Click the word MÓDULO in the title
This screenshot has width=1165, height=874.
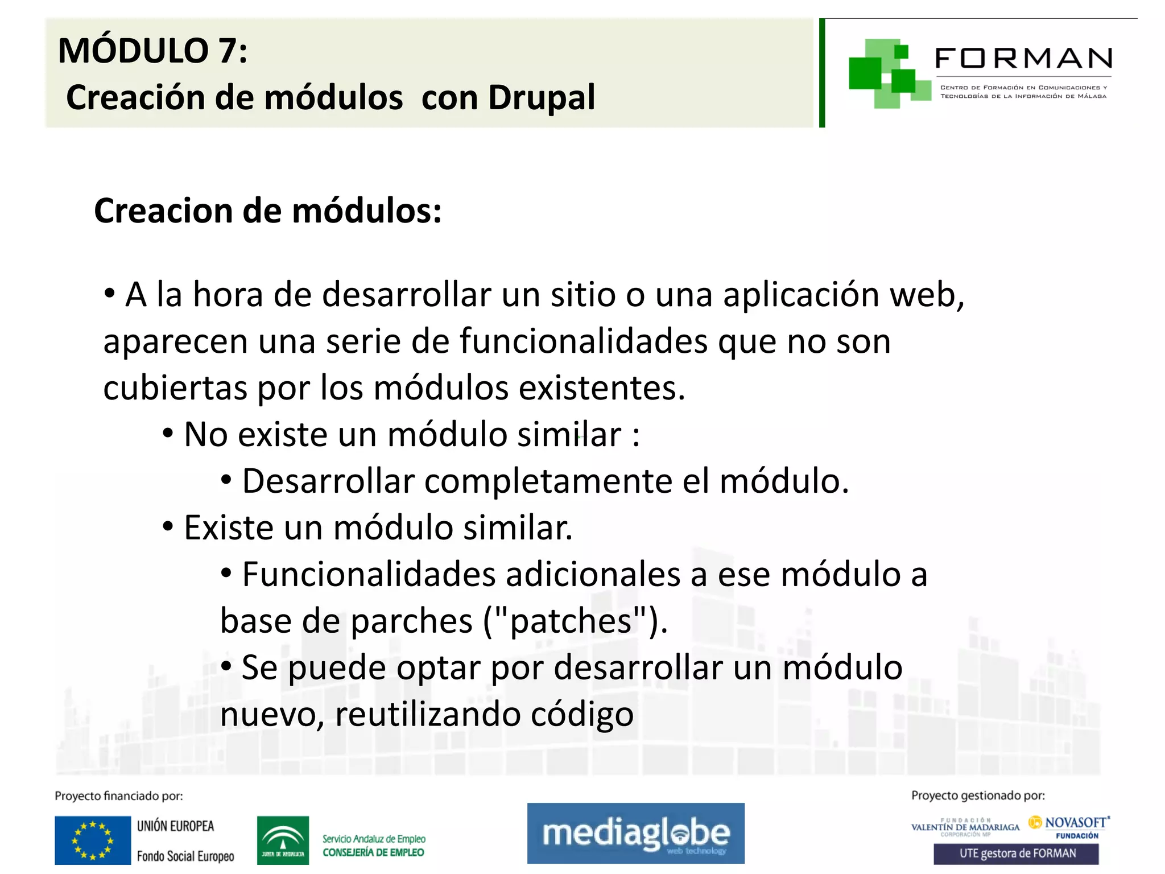(x=134, y=51)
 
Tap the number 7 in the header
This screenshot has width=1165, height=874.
(x=226, y=51)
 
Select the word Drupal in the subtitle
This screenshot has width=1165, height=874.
(x=541, y=98)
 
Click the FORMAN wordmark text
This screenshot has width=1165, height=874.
(x=1023, y=59)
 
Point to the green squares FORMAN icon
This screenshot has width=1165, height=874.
(x=882, y=73)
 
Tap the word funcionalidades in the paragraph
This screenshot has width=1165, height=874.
(x=584, y=342)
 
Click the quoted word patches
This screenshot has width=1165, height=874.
(x=571, y=621)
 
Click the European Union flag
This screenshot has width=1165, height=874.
(x=93, y=840)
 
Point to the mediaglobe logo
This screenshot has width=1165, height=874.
(x=635, y=834)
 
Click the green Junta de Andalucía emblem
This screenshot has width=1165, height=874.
(x=283, y=840)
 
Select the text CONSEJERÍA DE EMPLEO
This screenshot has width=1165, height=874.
(x=373, y=852)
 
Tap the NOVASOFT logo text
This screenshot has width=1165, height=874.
(x=1075, y=823)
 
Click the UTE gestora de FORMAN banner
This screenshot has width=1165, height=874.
(x=1016, y=854)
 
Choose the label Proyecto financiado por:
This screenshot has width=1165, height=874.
(x=119, y=796)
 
